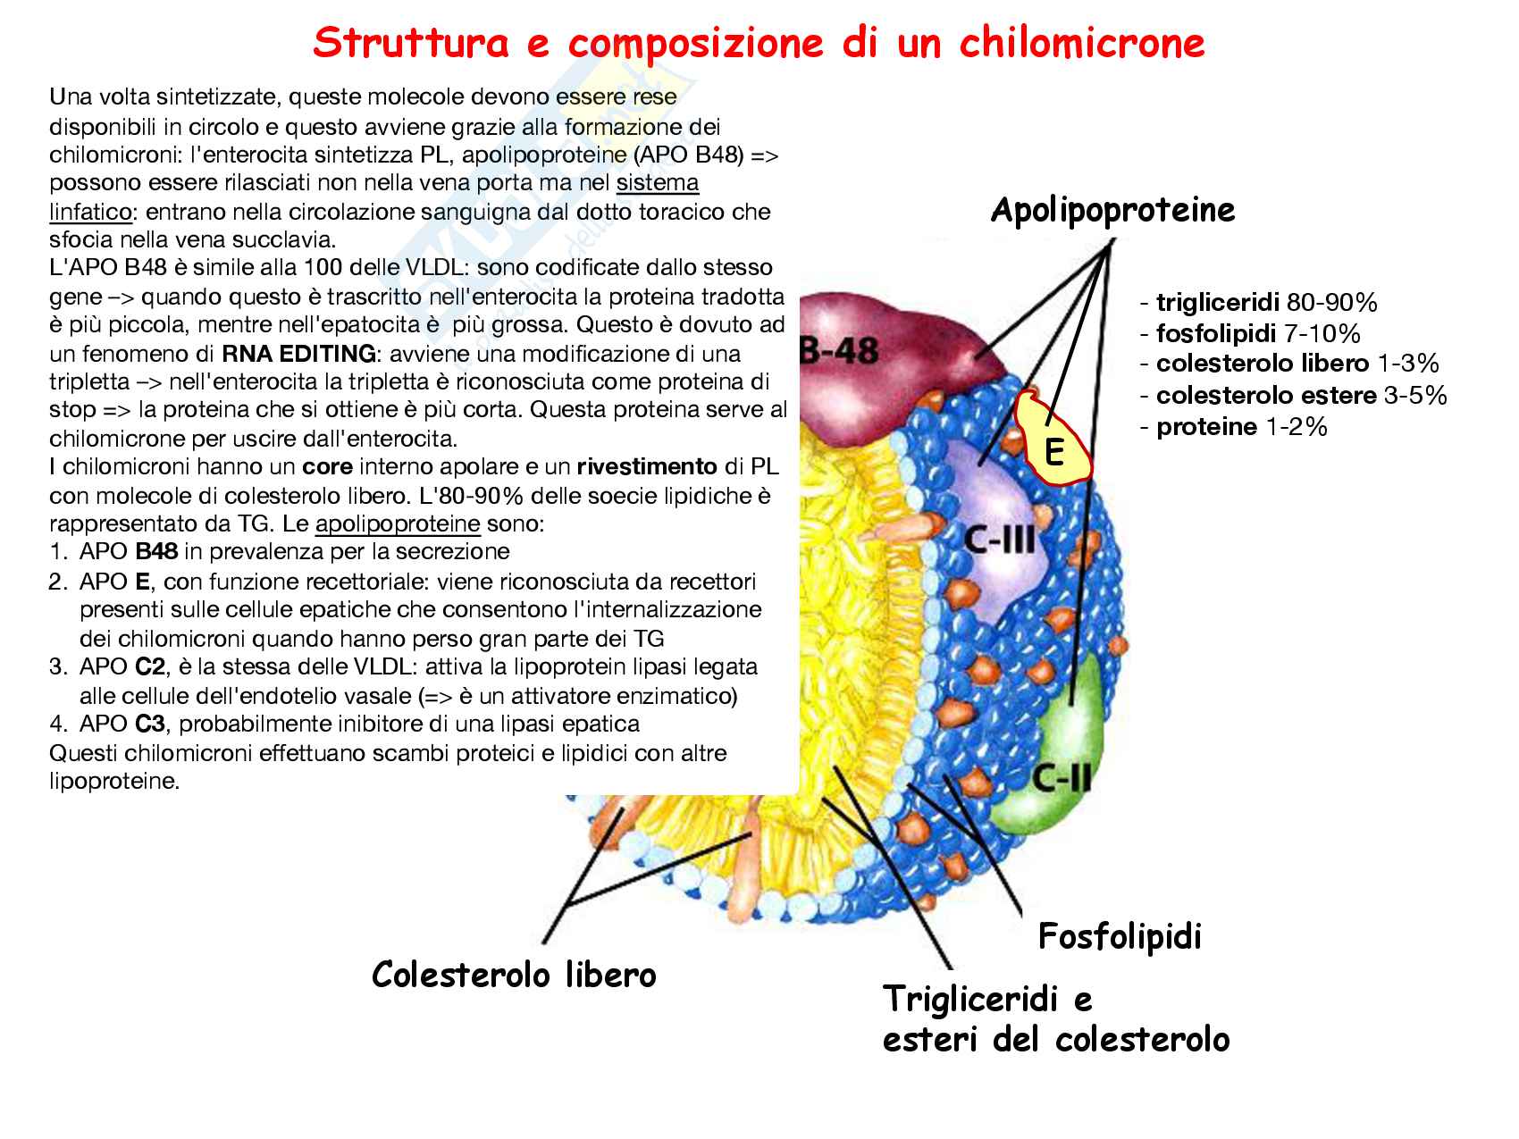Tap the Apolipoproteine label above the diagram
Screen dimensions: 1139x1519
[1112, 210]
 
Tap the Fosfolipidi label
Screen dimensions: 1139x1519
[1120, 936]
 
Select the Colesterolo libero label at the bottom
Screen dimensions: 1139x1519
[514, 974]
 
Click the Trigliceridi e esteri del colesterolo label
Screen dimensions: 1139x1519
[1055, 1019]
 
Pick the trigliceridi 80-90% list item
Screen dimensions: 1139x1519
[1258, 302]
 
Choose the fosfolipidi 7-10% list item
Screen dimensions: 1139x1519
[1249, 333]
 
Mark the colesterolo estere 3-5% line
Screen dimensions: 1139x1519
[1292, 395]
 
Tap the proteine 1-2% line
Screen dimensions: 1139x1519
[1233, 426]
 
